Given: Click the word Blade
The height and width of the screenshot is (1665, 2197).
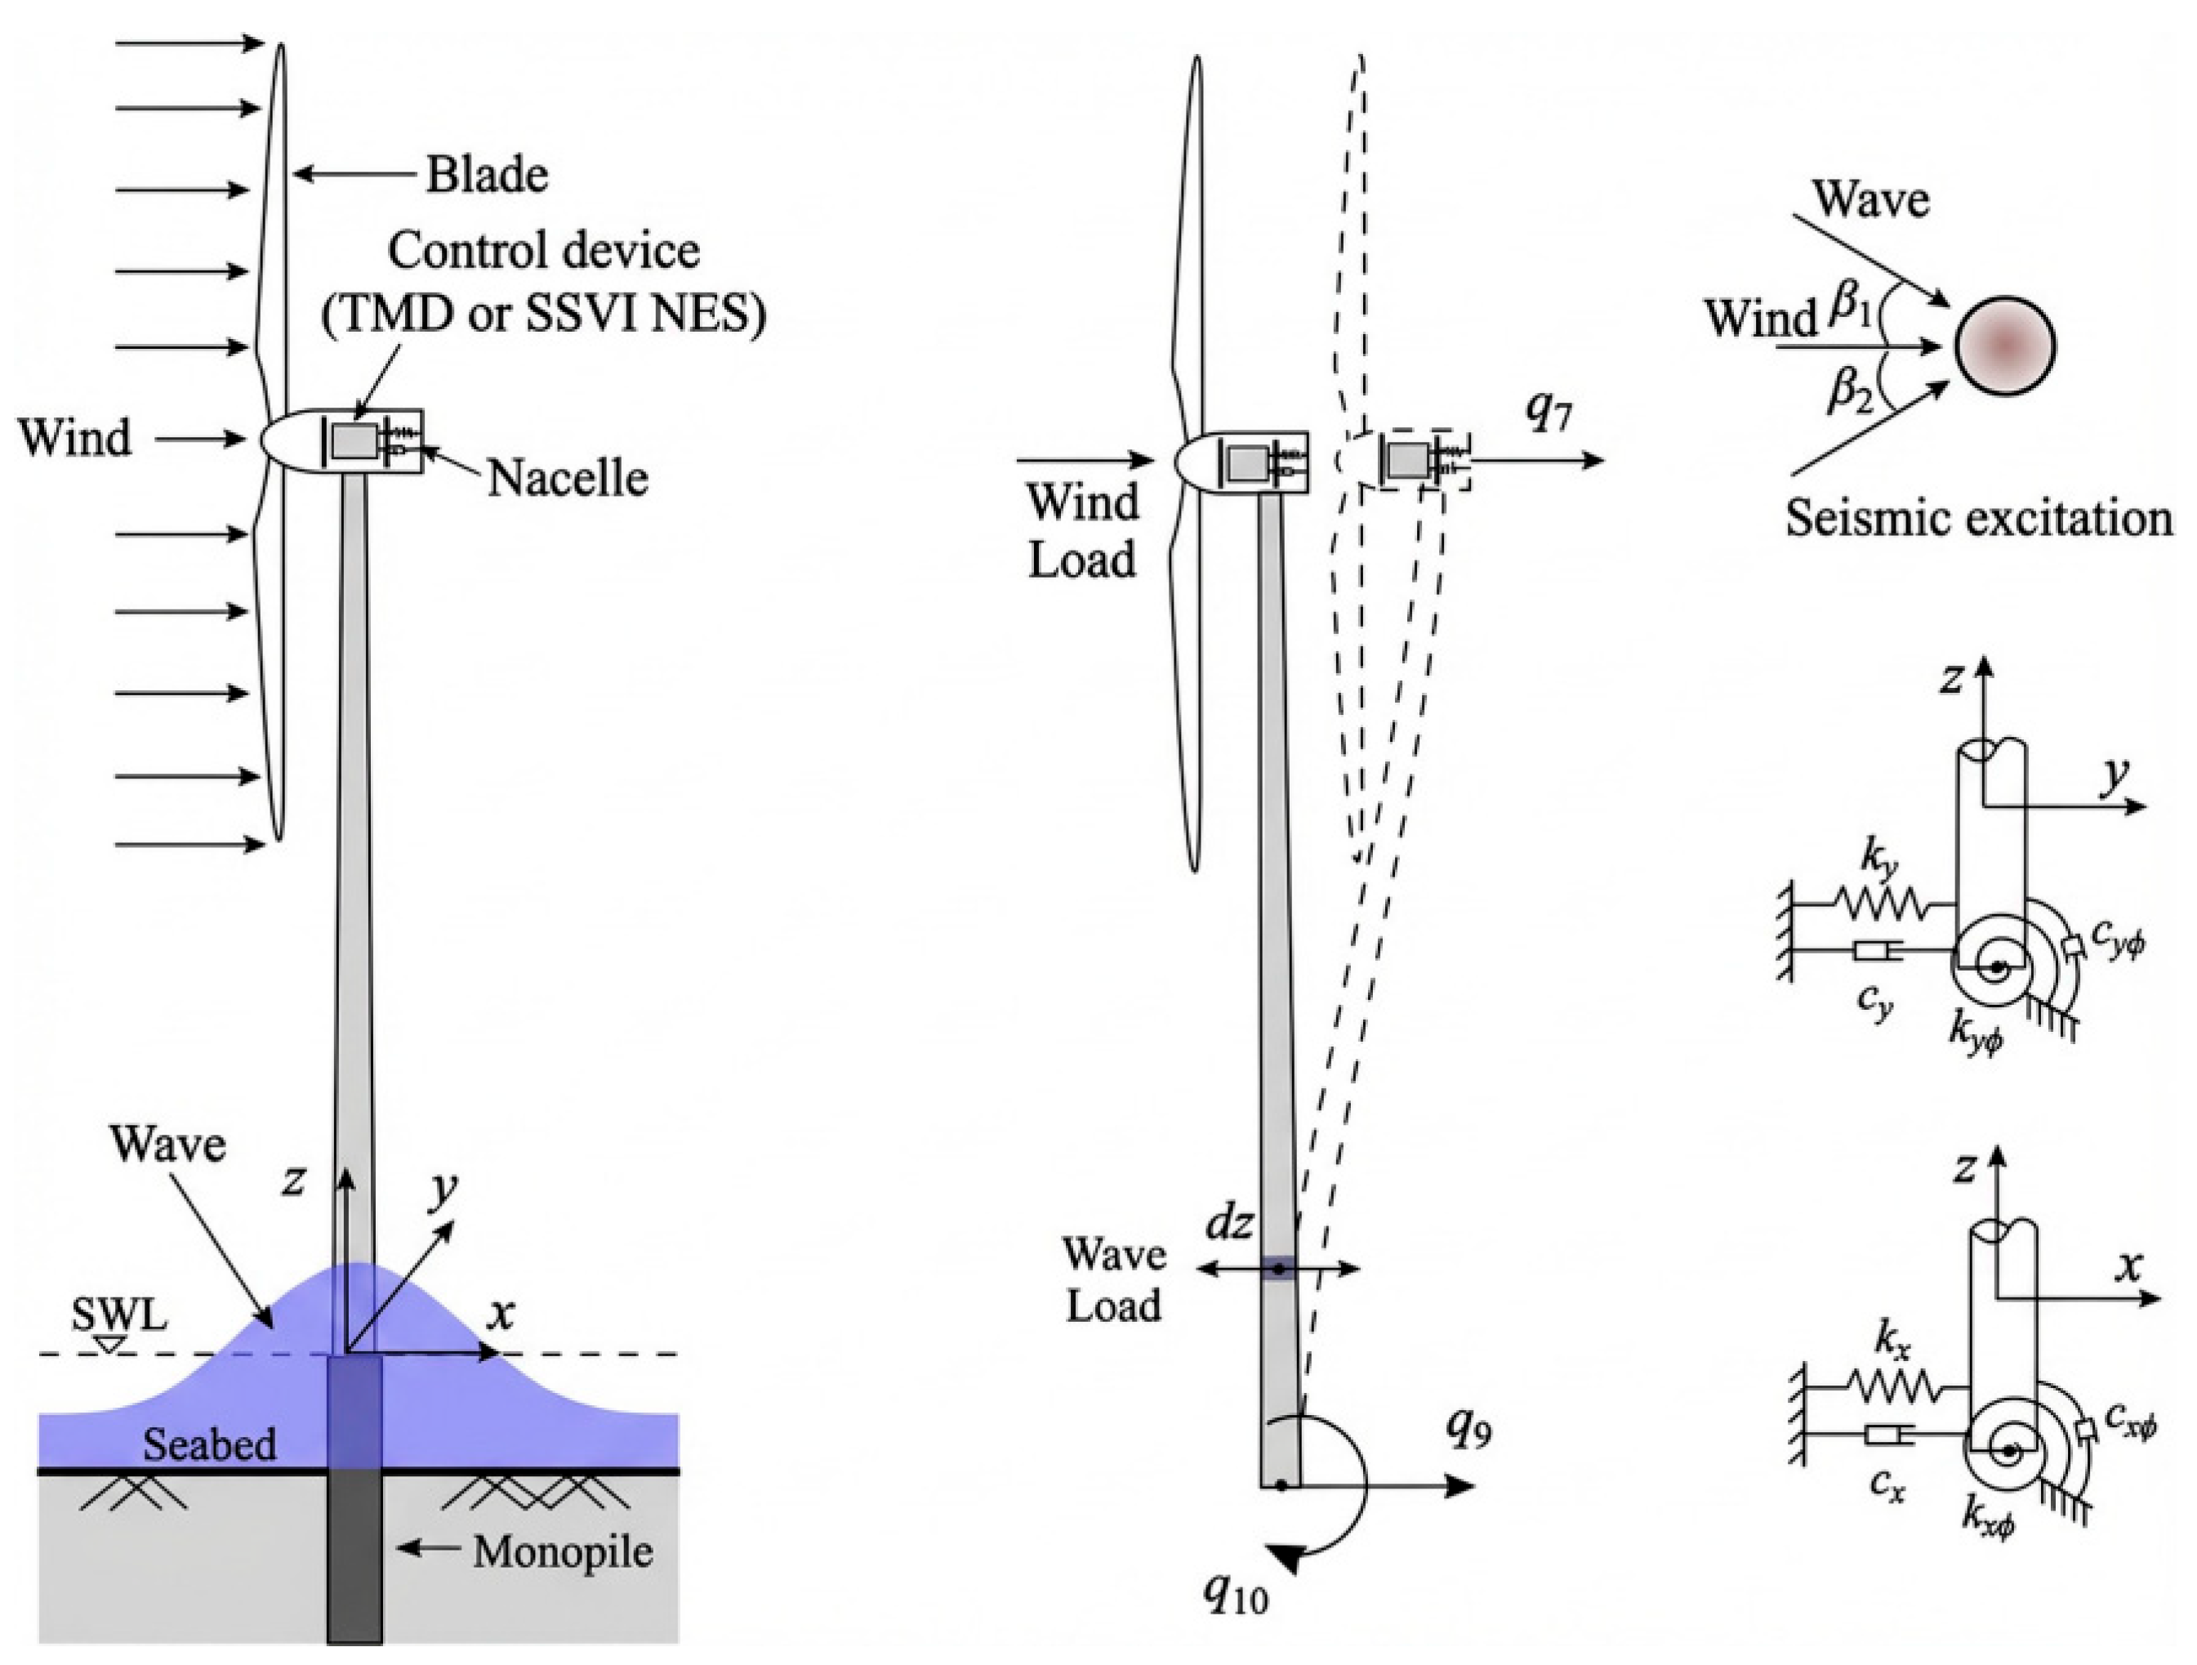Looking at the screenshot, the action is point(487,176).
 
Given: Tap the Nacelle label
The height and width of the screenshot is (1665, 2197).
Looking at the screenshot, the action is point(567,479).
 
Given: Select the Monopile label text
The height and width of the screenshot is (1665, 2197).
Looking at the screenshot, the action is point(562,1551).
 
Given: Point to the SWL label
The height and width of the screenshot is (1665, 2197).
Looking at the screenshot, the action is point(119,1316).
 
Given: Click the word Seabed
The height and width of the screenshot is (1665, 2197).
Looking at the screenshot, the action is point(210,1444).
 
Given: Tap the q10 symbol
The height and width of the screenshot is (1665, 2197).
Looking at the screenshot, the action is point(1236,1591).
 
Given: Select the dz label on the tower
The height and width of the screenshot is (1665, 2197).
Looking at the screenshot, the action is point(1228,1224).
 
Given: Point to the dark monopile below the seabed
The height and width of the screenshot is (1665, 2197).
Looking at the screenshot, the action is point(354,1556).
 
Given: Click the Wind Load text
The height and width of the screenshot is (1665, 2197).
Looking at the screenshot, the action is point(1083,530).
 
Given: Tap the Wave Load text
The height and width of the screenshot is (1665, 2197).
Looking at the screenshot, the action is point(1113,1279).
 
